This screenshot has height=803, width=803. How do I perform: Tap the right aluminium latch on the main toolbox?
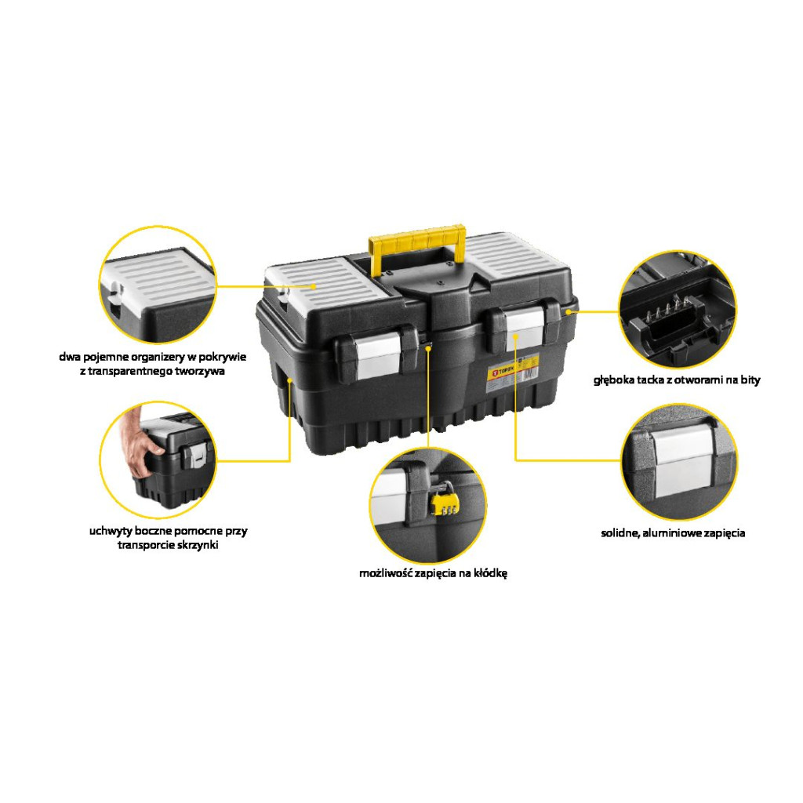coord(525,329)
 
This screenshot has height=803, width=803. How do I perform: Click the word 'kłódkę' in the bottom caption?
coord(490,573)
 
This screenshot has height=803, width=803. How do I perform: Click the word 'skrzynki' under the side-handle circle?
coord(197,545)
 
